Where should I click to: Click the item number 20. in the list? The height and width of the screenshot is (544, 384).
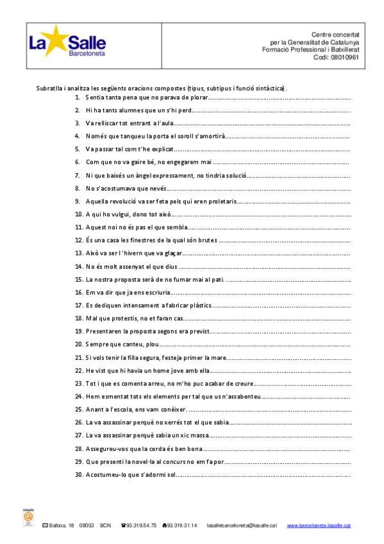tap(79, 344)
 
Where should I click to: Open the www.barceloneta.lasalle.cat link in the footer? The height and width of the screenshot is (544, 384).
tap(319, 525)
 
